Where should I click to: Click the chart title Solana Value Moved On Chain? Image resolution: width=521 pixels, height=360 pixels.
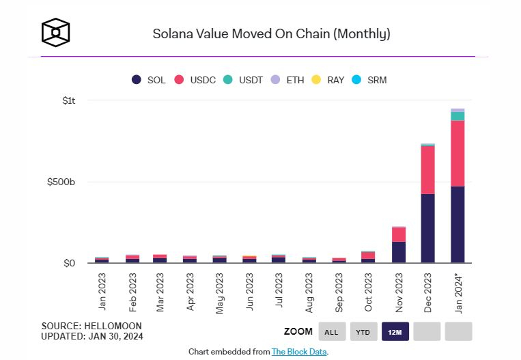click(x=270, y=33)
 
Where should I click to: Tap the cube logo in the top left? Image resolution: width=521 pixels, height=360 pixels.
click(x=55, y=33)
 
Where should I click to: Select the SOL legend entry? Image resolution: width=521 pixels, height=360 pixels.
click(x=149, y=80)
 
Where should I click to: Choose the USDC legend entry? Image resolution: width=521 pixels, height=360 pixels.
click(x=195, y=80)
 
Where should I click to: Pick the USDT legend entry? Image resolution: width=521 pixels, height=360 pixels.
click(x=245, y=80)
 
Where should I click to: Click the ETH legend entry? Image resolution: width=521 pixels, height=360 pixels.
click(x=287, y=80)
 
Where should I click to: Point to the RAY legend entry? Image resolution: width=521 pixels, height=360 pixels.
click(x=328, y=80)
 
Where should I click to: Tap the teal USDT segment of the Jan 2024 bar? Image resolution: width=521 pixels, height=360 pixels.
click(x=457, y=116)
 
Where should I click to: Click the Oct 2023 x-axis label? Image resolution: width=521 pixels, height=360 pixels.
click(x=369, y=292)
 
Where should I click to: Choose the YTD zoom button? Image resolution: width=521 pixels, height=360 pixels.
click(x=363, y=332)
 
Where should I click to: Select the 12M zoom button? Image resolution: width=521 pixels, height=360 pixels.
click(x=395, y=332)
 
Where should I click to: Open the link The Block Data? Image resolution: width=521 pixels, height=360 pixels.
click(x=299, y=352)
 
